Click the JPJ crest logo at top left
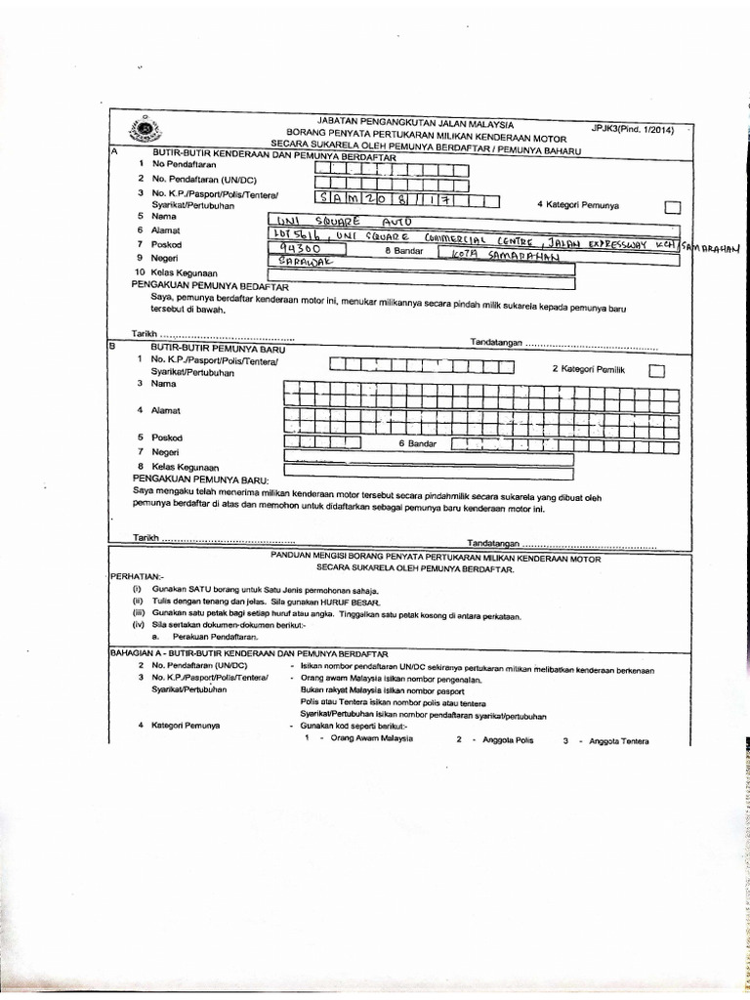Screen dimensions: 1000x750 [x=145, y=131]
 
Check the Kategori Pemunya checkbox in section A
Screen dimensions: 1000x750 [x=672, y=206]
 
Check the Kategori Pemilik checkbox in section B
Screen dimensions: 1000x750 [x=657, y=369]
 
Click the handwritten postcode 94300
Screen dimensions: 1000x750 [x=292, y=249]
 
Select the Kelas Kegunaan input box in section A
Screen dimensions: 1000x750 [x=420, y=285]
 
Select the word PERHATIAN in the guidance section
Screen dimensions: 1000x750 [x=138, y=576]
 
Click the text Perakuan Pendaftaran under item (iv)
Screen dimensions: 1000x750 [x=214, y=635]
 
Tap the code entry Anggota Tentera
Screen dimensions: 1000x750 [x=614, y=740]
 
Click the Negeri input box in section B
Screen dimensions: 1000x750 [x=430, y=457]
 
